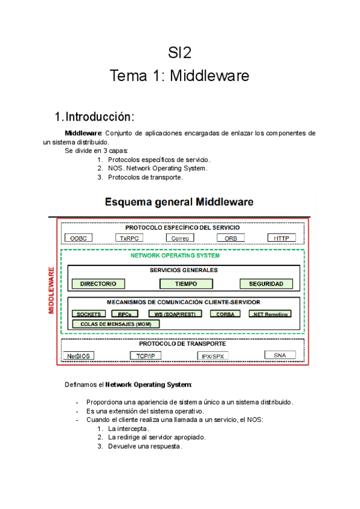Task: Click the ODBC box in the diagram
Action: [x=78, y=238]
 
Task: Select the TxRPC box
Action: [x=129, y=238]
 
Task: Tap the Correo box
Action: [x=180, y=238]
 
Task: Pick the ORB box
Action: [x=230, y=238]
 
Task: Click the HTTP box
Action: [x=281, y=238]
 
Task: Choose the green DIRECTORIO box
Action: [x=102, y=284]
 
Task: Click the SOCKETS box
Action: [x=89, y=314]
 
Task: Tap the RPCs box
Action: [x=125, y=314]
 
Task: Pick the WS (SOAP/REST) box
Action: [x=175, y=314]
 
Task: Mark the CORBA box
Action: [x=225, y=314]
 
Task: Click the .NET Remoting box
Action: [x=270, y=314]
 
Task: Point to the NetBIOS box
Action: [x=79, y=355]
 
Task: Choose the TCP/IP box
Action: [x=146, y=355]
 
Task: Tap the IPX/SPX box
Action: [x=213, y=356]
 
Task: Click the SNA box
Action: [x=280, y=355]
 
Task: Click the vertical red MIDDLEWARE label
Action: [x=52, y=291]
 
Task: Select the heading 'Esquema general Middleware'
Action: [x=179, y=202]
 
